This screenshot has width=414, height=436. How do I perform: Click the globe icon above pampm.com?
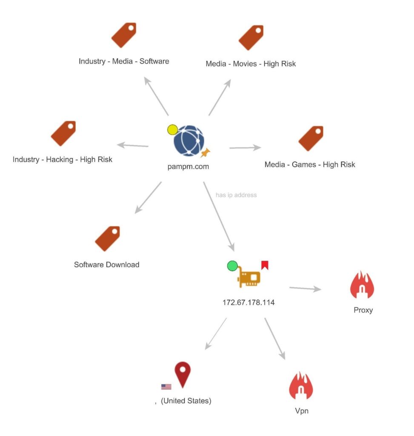[189, 141]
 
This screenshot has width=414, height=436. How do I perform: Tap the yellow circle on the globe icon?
[172, 130]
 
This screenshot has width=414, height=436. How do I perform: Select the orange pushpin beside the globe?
[206, 152]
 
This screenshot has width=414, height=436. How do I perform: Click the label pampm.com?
[188, 166]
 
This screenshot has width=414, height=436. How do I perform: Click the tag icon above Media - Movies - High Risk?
[251, 37]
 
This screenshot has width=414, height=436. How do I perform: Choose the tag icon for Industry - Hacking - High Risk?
[63, 133]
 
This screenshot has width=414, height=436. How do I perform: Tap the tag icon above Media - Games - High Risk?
[311, 138]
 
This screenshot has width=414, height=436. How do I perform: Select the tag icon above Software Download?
[107, 238]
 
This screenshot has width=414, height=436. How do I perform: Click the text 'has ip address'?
[236, 195]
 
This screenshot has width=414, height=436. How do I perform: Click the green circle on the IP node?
[232, 267]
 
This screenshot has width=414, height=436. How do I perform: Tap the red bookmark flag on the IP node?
[265, 265]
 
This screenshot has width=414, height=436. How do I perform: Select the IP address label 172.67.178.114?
[248, 303]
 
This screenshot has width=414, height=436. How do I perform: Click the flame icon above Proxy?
[362, 285]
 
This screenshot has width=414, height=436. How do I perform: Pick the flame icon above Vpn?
[301, 386]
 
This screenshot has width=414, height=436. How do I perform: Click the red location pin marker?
[183, 374]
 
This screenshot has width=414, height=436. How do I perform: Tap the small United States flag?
[166, 387]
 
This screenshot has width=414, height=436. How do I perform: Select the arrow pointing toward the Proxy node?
[305, 289]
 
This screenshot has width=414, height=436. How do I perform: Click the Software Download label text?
[106, 264]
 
